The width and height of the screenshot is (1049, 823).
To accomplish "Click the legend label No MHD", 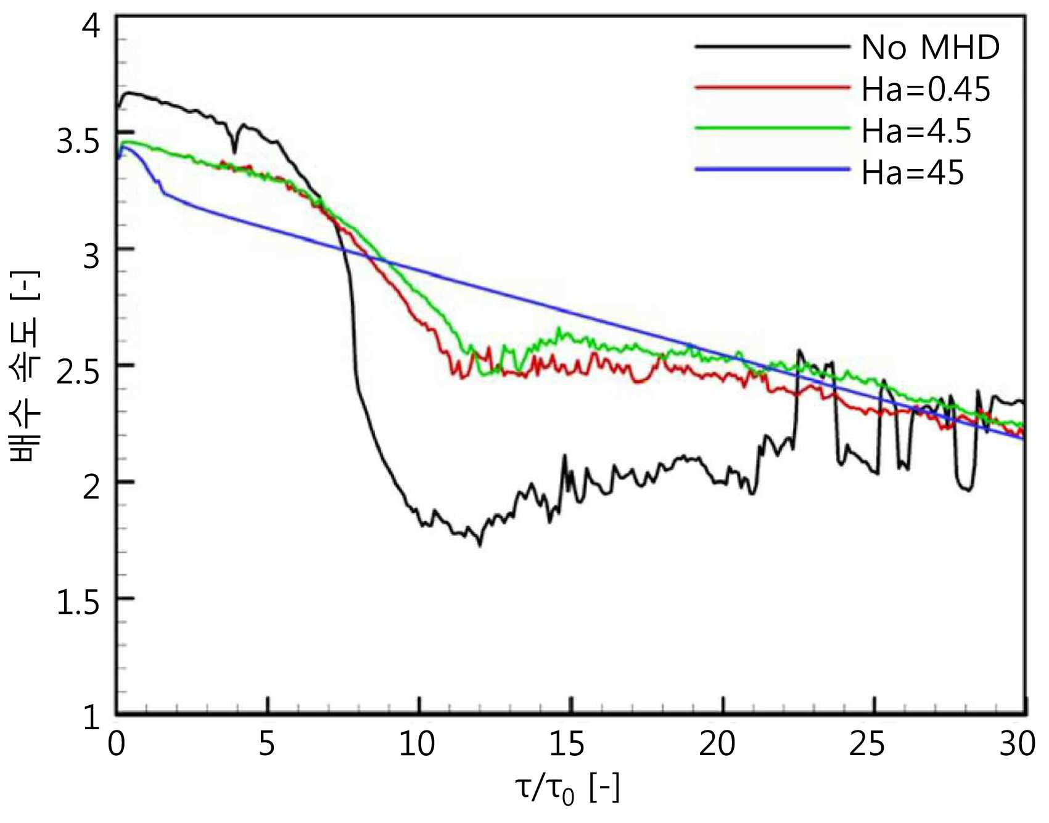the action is (x=930, y=48).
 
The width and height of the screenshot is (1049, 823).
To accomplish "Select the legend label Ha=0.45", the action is (x=926, y=89).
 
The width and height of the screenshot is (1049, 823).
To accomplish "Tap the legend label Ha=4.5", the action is (x=916, y=131).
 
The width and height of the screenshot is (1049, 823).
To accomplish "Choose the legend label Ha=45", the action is (x=913, y=173).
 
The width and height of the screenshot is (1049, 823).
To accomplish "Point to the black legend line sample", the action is (x=772, y=46).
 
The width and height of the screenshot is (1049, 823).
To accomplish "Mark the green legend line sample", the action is (x=772, y=128).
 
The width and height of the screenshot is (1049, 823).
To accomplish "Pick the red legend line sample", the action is (x=772, y=87).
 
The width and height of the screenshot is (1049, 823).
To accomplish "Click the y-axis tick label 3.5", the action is (x=78, y=142).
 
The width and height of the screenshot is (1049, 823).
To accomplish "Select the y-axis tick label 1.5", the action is (x=78, y=602).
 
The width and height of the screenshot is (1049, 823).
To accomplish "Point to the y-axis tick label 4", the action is (x=91, y=27).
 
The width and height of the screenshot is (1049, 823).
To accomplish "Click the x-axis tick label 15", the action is (x=567, y=744).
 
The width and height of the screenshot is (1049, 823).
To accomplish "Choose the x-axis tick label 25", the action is (x=867, y=744).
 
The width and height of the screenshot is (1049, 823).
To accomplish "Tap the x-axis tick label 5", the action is (x=266, y=744).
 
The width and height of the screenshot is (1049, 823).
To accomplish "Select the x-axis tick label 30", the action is (x=1018, y=744).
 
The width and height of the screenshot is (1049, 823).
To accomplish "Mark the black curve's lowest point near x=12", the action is (x=480, y=545).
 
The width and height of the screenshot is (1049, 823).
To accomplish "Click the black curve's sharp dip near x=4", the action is (x=234, y=152).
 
